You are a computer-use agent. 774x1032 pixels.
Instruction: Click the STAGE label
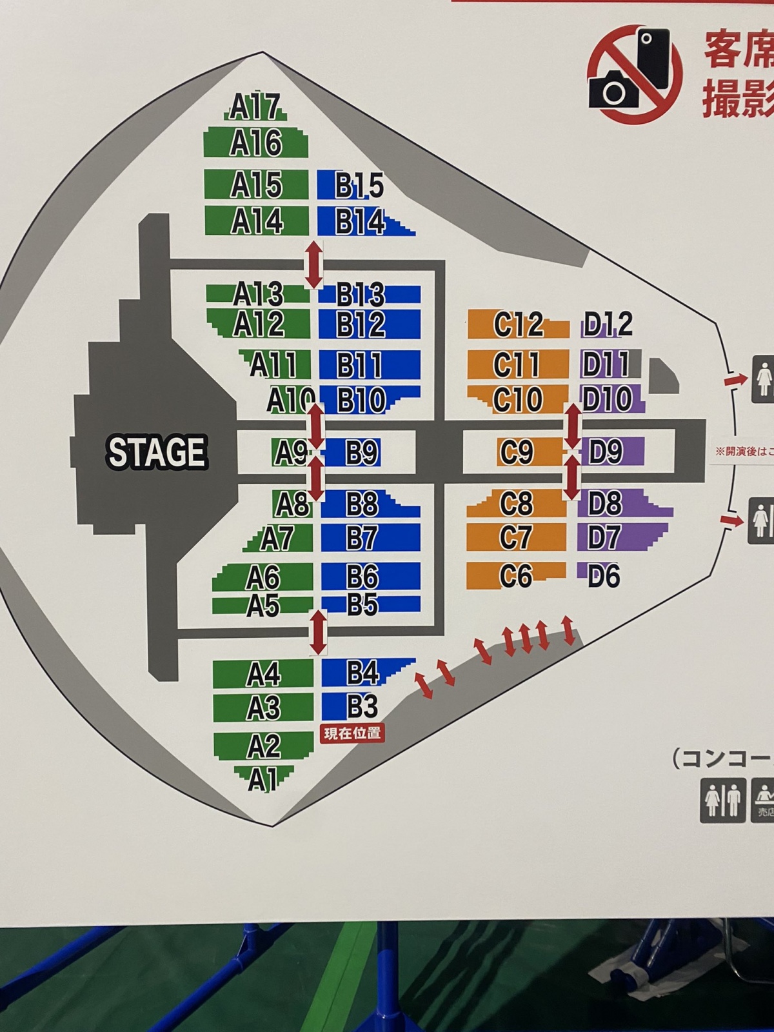(x=157, y=451)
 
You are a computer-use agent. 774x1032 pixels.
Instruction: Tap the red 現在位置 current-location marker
(x=352, y=733)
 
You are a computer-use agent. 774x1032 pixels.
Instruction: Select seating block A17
(x=255, y=107)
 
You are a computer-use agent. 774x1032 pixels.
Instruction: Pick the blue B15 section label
(x=359, y=186)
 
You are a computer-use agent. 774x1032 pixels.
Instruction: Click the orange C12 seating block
(x=518, y=324)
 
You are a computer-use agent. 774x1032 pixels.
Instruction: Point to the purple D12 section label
(x=607, y=324)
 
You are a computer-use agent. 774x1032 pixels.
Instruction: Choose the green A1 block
(x=263, y=779)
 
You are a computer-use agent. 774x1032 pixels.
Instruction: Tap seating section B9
(x=361, y=452)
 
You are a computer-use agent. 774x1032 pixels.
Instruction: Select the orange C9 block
(x=516, y=452)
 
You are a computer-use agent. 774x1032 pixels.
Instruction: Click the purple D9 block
(x=606, y=452)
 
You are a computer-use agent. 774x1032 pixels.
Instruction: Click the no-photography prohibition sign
(x=635, y=75)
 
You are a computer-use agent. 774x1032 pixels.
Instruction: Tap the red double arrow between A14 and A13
(x=314, y=264)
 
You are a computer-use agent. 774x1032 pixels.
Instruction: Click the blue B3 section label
(x=362, y=707)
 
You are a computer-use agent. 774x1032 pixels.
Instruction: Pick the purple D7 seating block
(x=604, y=537)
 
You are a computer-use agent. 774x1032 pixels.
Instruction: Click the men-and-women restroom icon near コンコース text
(x=722, y=800)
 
